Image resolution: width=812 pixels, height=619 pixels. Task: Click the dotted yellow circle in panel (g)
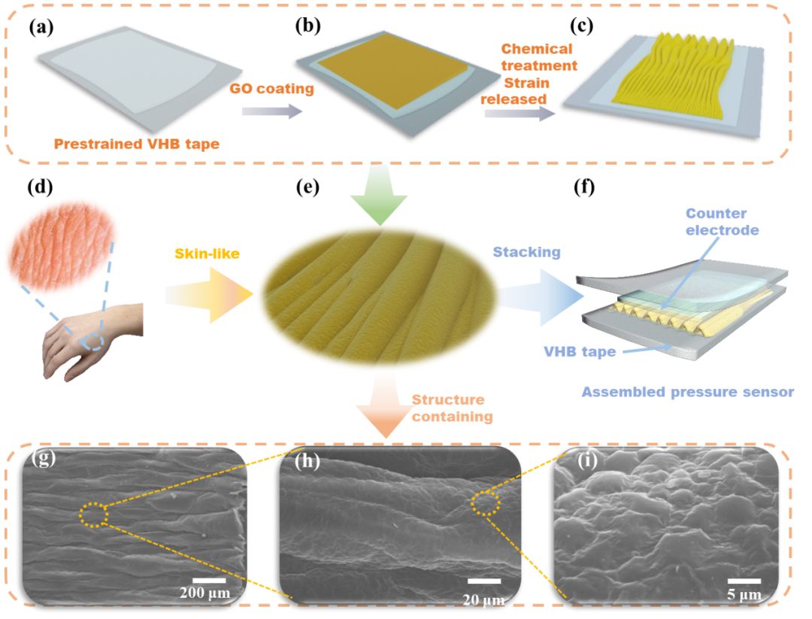[93, 516]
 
